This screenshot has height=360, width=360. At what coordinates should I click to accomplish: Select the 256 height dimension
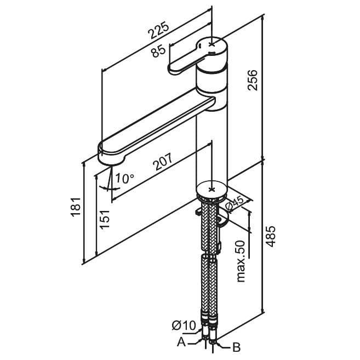coord(253,81)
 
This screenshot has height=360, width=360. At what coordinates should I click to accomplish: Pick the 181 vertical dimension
coord(76,207)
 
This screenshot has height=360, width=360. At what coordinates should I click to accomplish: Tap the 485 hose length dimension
coord(270,237)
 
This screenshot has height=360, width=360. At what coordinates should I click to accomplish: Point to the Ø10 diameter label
coord(184,326)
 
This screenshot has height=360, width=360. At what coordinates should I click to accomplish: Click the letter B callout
coord(237,347)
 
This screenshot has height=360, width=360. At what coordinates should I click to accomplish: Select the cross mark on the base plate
coord(211,188)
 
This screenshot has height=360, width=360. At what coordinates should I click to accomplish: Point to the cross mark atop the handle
coord(212,43)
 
